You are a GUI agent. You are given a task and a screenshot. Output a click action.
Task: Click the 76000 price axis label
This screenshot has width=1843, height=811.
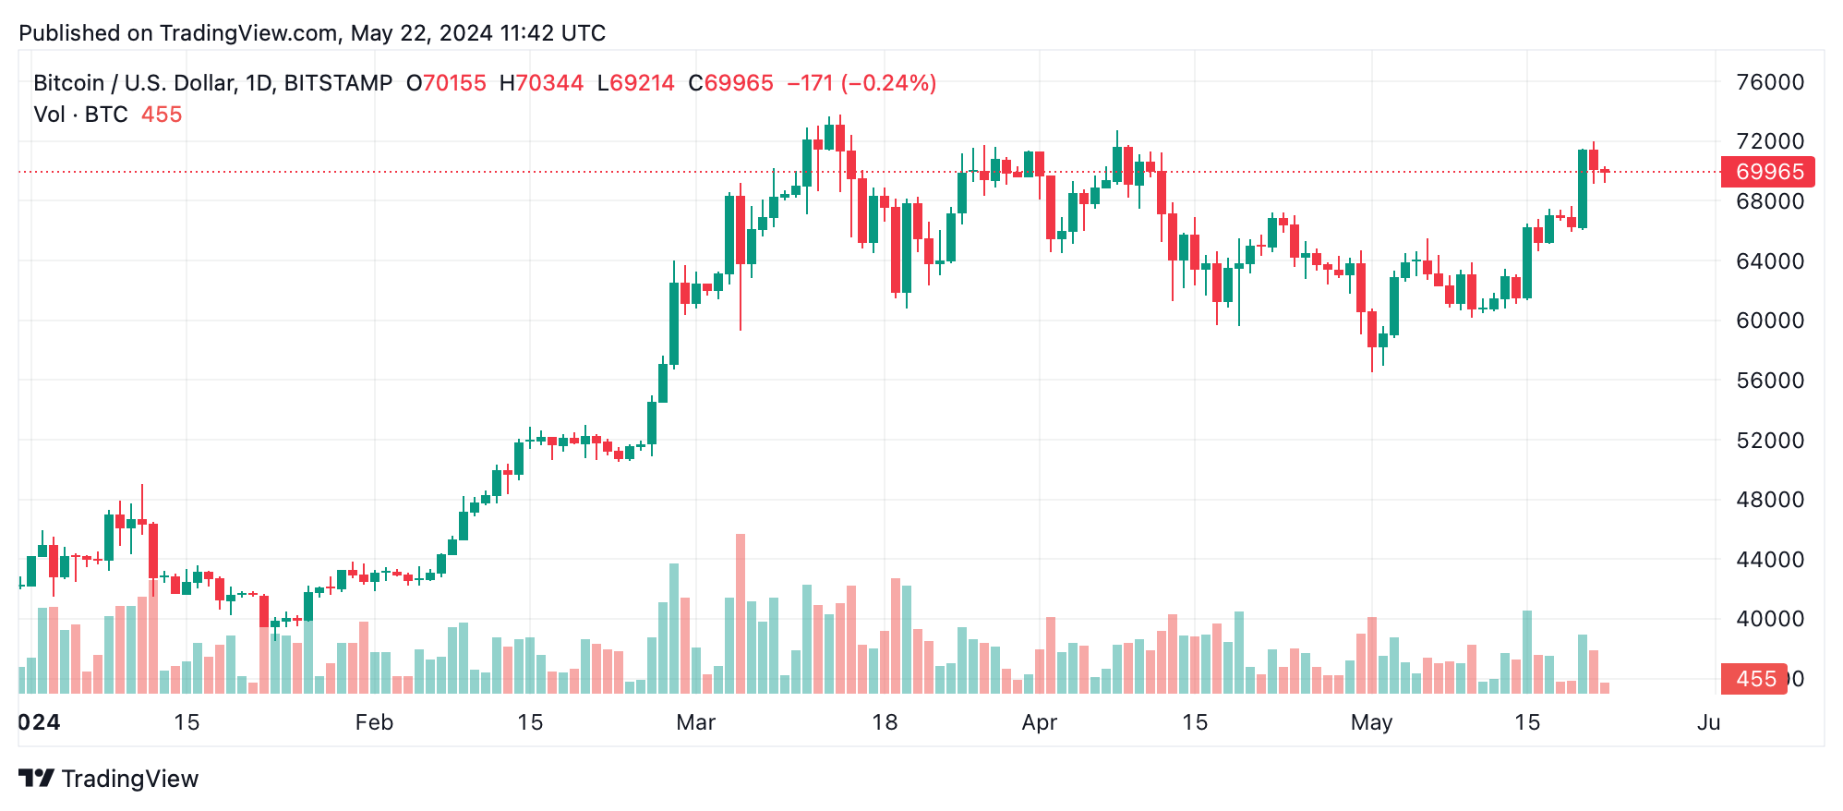[x=1769, y=82]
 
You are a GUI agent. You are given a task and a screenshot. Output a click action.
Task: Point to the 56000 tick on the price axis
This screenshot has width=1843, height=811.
[x=1769, y=381]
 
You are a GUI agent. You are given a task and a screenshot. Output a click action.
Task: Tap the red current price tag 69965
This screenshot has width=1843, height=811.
[x=1768, y=172]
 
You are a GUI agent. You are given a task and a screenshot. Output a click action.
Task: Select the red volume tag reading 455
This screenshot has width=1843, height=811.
[x=1755, y=679]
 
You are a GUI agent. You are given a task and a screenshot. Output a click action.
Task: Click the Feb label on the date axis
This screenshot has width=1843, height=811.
[x=374, y=722]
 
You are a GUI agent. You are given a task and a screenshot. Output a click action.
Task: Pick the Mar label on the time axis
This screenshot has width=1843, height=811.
[x=695, y=722]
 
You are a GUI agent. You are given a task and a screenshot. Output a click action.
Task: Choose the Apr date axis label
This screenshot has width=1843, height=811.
[x=1039, y=722]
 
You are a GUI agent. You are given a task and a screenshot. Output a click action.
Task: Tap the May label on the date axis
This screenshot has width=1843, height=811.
[x=1371, y=722]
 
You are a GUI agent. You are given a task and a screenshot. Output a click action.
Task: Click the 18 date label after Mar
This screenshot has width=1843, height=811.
[x=885, y=722]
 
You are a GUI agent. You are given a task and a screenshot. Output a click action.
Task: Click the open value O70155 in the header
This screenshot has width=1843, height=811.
[x=446, y=83]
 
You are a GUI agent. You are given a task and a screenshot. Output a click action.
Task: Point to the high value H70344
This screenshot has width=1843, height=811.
[x=541, y=83]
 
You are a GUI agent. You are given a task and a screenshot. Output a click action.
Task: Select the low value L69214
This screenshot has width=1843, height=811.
[x=636, y=83]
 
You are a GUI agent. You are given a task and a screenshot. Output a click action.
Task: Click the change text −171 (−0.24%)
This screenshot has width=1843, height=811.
[x=861, y=83]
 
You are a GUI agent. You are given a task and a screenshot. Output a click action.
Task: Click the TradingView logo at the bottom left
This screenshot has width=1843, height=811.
[x=109, y=779]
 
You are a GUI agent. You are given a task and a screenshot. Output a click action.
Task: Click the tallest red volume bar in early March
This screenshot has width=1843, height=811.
[x=741, y=613]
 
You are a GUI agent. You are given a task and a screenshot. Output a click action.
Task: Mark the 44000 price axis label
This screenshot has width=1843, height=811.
[x=1769, y=560]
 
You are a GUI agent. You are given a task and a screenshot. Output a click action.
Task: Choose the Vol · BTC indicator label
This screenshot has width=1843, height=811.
[x=81, y=115]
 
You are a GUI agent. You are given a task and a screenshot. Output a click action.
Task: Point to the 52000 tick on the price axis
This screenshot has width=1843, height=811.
[x=1769, y=441]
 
